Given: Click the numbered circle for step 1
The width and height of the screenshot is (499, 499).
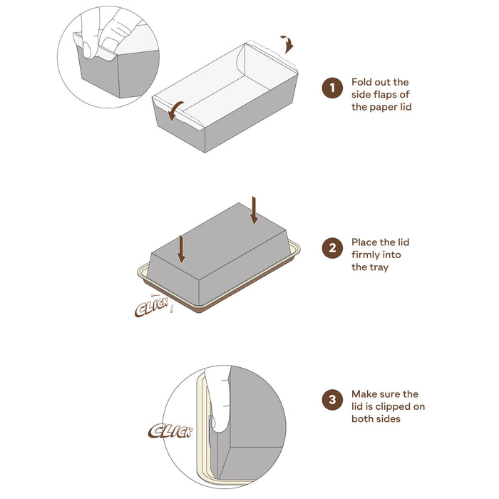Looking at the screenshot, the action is click(332, 88).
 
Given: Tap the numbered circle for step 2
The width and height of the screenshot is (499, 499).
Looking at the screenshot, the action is click(332, 248).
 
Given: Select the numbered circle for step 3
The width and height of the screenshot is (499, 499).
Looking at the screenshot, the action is click(332, 400).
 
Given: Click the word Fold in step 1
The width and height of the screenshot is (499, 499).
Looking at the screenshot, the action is click(361, 82).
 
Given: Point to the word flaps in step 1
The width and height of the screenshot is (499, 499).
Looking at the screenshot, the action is click(386, 95).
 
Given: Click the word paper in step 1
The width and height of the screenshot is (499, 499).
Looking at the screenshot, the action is click(381, 108).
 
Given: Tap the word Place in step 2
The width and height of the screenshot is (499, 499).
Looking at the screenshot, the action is click(364, 242).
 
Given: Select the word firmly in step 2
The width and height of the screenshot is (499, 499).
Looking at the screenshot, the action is click(365, 255).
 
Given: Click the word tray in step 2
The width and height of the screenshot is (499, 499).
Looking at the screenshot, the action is click(379, 267).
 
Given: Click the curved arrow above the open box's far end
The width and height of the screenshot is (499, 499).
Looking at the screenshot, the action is click(288, 43).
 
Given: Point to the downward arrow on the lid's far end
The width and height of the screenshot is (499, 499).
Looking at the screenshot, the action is click(254, 210).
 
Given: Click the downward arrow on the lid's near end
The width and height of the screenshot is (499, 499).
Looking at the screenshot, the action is click(181, 249).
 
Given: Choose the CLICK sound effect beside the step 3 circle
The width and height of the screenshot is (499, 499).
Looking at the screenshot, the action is click(170, 431).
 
